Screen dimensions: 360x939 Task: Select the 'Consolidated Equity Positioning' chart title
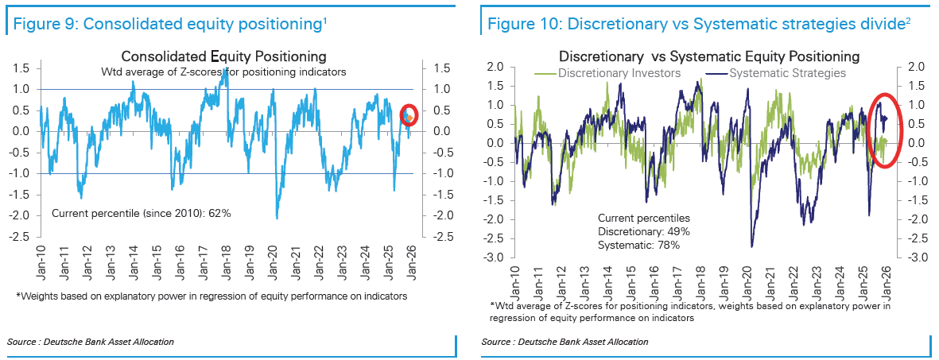coord(223,56)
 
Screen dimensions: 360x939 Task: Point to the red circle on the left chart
coord(409,115)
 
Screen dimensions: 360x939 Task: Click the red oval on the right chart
coord(883,130)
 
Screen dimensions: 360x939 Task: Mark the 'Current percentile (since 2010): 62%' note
coord(142,215)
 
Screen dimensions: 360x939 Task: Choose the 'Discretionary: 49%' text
coord(644,231)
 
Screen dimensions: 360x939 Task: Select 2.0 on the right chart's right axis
coord(914,67)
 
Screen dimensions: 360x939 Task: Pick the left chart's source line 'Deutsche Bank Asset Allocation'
coord(90,342)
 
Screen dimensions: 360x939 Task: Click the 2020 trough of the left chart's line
coord(277,218)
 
